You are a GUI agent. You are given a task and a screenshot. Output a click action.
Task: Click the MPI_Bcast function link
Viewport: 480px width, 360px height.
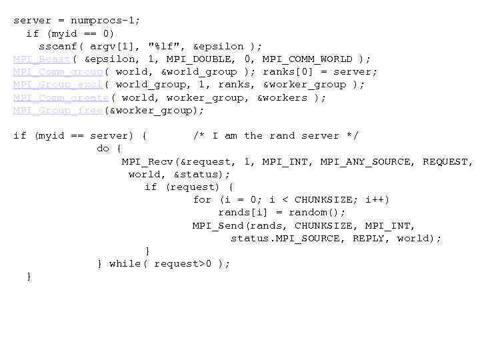pos(42,59)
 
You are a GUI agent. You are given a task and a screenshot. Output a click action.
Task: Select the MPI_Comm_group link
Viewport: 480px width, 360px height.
pos(58,72)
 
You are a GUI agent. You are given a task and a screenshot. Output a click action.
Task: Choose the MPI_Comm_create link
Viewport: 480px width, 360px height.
pos(61,97)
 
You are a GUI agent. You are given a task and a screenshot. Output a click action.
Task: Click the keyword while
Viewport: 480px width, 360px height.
pos(125,263)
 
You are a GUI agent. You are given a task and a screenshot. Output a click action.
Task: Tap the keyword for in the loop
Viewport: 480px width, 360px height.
pos(202,200)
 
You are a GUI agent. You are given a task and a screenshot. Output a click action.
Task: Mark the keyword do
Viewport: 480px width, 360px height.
pos(103,149)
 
